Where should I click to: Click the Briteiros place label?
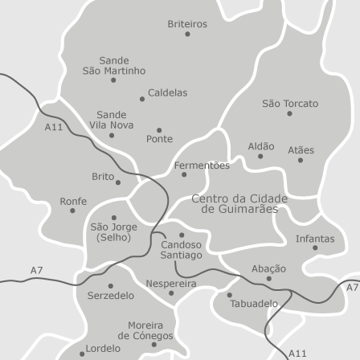187,24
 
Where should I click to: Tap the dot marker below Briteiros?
187,34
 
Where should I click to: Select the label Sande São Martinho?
114,65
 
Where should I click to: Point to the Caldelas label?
167,92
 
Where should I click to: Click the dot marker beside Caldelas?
142,100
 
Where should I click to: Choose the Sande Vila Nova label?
111,120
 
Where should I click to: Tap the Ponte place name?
159,139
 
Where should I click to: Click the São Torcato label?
290,103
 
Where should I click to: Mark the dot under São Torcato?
289,113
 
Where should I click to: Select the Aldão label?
261,146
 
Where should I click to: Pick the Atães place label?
301,149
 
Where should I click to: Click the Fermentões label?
202,165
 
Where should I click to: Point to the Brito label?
103,176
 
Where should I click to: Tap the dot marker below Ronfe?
72,211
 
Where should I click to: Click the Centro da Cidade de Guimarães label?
239,203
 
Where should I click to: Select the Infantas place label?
315,239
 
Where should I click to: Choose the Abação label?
268,268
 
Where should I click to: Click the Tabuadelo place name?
254,304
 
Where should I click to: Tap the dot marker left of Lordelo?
82,353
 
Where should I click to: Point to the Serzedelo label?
111,296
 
